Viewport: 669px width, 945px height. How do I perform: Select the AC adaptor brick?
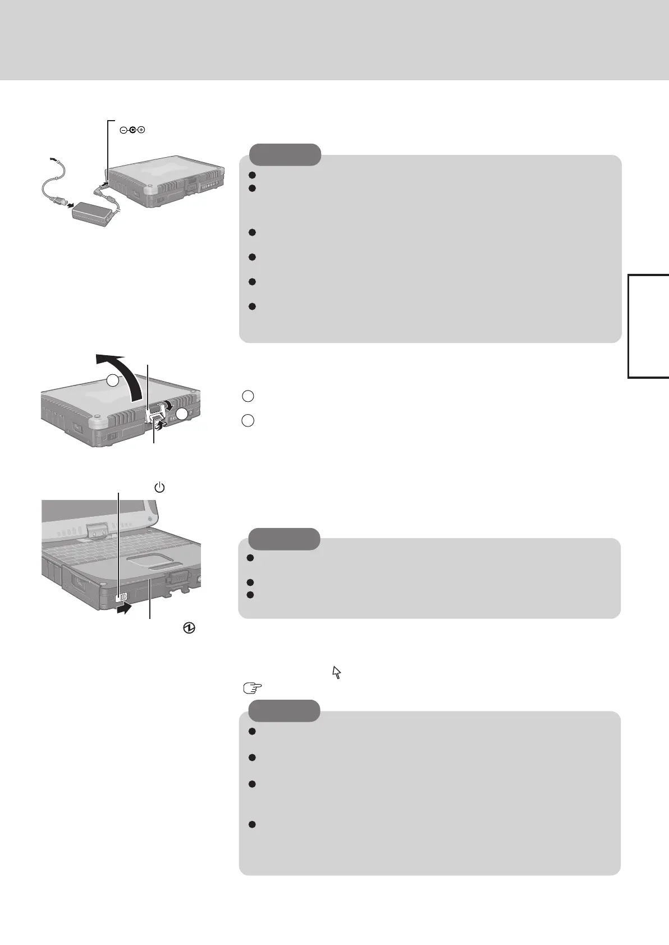pyautogui.click(x=95, y=212)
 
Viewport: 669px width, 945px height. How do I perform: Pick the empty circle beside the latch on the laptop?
pyautogui.click(x=181, y=415)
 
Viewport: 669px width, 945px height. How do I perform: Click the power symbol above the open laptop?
pyautogui.click(x=160, y=488)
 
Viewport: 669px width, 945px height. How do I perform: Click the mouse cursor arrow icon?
pyautogui.click(x=337, y=672)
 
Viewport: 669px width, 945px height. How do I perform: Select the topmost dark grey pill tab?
pyautogui.click(x=285, y=154)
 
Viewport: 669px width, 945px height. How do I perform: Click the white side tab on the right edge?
pyautogui.click(x=649, y=325)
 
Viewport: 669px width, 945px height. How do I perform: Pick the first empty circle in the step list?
pyautogui.click(x=248, y=396)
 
